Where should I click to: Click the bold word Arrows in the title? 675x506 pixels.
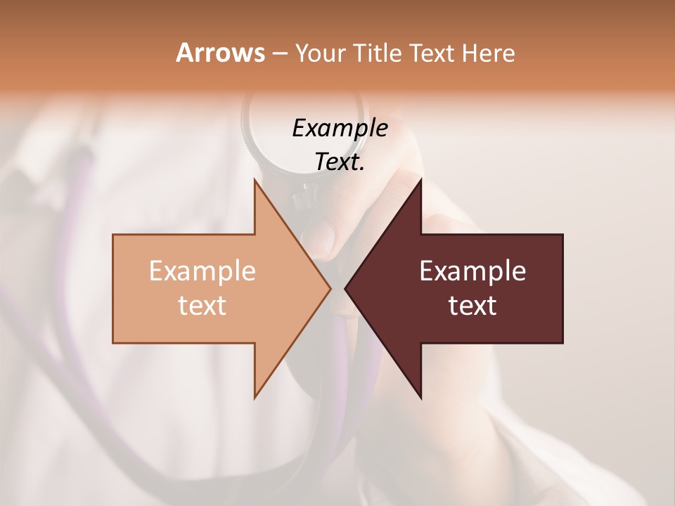point(220,53)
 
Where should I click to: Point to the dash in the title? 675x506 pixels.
point(279,54)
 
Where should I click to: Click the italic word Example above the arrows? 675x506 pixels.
point(340,128)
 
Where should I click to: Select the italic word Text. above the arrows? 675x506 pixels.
point(340,162)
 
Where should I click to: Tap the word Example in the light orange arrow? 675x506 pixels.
point(202,271)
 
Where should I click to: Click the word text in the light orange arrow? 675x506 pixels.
point(202,305)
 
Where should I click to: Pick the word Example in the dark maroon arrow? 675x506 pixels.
point(472,271)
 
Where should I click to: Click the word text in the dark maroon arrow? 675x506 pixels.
point(472,305)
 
